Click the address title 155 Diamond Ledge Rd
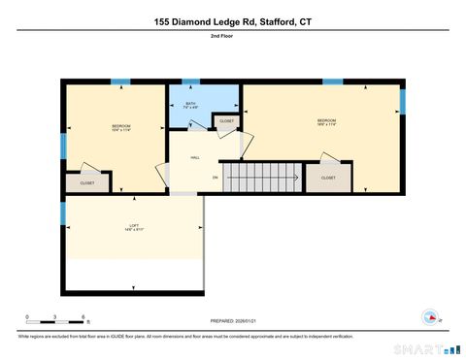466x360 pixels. click(x=232, y=20)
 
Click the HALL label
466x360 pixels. click(x=194, y=155)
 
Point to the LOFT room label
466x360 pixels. click(x=134, y=227)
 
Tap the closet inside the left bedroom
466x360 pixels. click(x=87, y=181)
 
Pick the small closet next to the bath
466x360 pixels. click(x=226, y=121)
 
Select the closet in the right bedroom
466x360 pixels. click(x=328, y=178)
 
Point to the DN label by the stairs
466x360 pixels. click(x=215, y=178)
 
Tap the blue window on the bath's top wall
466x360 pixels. click(x=191, y=82)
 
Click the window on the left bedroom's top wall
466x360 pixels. click(x=120, y=82)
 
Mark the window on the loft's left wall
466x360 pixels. click(x=63, y=212)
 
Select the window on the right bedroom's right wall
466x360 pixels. click(x=403, y=100)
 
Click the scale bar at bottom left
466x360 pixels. click(x=55, y=319)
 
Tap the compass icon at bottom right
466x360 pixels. click(x=427, y=316)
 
